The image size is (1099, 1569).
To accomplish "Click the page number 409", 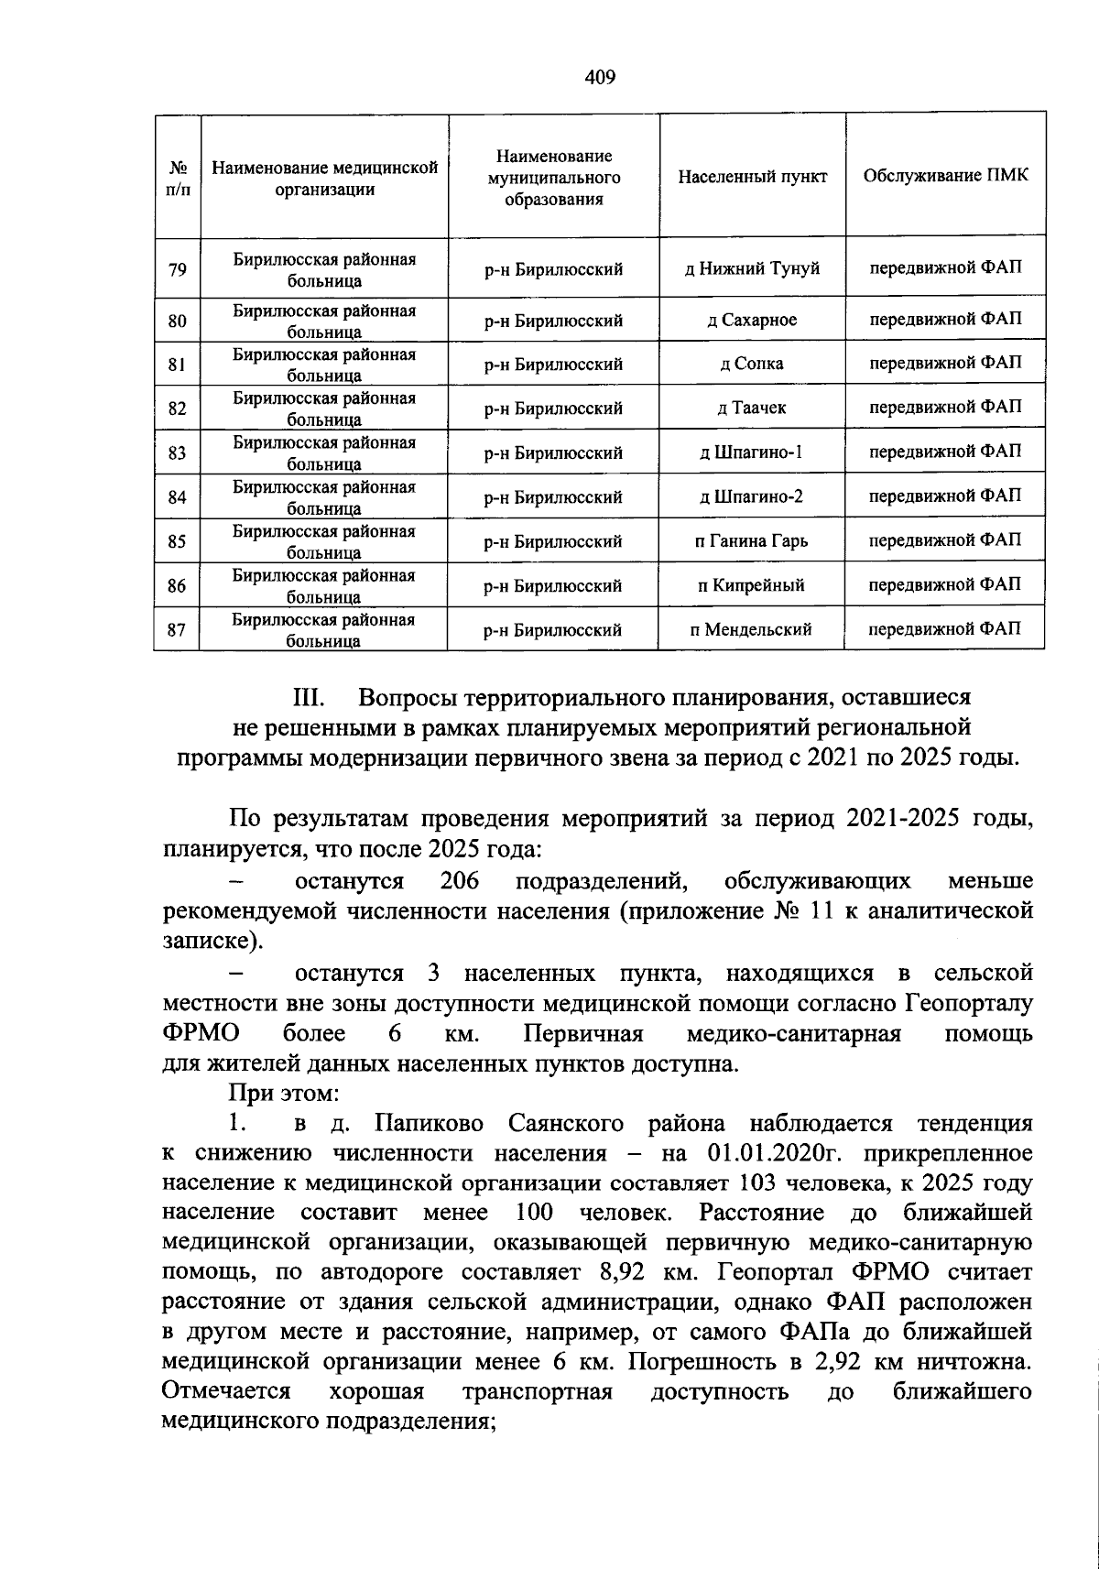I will click(x=600, y=77).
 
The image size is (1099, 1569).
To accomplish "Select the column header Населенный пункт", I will click(x=752, y=176).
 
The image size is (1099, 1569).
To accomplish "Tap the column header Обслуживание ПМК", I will click(x=945, y=176).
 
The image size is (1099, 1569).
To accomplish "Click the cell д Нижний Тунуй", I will click(x=752, y=269).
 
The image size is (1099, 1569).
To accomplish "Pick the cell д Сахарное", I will click(x=752, y=321).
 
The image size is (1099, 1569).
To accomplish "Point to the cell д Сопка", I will click(x=752, y=365).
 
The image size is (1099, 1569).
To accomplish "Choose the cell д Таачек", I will click(x=752, y=409).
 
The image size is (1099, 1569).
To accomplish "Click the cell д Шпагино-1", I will click(x=752, y=452).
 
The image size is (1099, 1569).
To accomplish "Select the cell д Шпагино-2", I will click(x=752, y=497).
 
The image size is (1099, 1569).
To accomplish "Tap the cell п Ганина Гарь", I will click(x=752, y=541).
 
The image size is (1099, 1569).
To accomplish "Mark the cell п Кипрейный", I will click(x=752, y=585).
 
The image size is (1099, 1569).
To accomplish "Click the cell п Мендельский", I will click(x=752, y=630).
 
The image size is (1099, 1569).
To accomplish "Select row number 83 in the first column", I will click(x=178, y=453).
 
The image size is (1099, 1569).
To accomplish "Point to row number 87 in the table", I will click(x=178, y=630).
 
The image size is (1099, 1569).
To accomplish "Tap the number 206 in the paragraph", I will click(x=460, y=881).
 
